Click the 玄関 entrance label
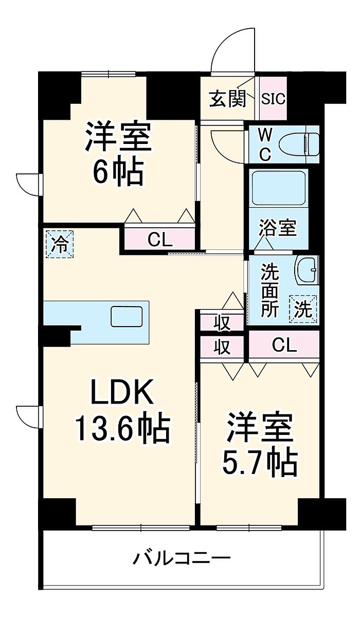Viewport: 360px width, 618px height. pos(227,99)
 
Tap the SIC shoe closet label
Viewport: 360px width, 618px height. pos(273,99)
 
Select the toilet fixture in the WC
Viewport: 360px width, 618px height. pos(299,144)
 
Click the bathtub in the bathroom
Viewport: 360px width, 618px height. pos(279,188)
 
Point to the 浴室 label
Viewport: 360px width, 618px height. pos(277,228)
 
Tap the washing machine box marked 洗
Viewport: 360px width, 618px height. pos(303,310)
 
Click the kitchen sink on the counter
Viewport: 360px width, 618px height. pos(127,316)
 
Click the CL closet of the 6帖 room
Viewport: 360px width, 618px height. pos(160,238)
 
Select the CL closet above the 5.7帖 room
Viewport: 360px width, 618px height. pos(284,344)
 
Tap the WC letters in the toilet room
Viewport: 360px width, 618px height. pos(265,144)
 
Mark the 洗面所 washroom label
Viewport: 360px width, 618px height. pos(270,290)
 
